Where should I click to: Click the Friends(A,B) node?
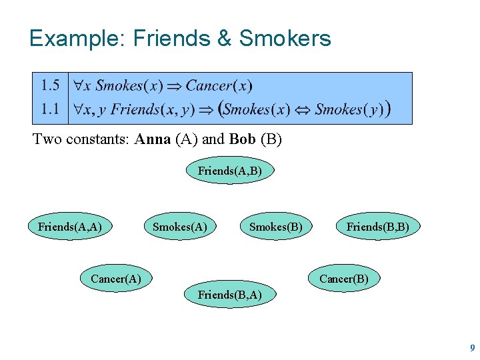[229, 171]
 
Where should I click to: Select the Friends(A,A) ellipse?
[70, 227]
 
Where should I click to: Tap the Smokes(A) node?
[180, 227]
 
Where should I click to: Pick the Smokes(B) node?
[275, 227]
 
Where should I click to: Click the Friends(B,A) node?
[229, 294]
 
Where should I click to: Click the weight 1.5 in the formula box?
[50, 85]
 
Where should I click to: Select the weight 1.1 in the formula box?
[50, 108]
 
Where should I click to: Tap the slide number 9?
[472, 348]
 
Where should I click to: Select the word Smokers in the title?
[285, 39]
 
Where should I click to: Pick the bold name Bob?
[242, 140]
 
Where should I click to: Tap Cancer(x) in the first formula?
[219, 85]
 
